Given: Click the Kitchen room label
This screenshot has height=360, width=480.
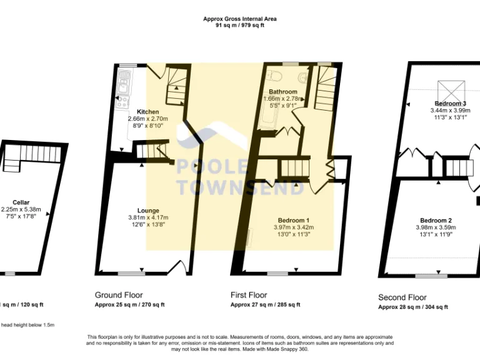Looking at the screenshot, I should [x=148, y=112].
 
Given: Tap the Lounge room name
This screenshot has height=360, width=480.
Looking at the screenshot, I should [x=148, y=211].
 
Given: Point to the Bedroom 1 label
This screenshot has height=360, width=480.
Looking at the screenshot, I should [x=293, y=221].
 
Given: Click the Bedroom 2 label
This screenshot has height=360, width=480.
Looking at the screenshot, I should [x=436, y=221].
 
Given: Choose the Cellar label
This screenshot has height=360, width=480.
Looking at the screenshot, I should [x=12, y=202].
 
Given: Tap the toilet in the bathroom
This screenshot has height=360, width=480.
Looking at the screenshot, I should [x=303, y=77].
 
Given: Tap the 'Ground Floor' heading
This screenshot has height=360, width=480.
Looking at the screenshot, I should [x=119, y=295].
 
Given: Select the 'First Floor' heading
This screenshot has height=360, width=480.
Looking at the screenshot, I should [x=249, y=295].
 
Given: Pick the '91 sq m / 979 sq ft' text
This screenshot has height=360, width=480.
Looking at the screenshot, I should [x=240, y=26].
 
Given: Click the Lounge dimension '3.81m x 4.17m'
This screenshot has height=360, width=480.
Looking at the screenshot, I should [x=148, y=217].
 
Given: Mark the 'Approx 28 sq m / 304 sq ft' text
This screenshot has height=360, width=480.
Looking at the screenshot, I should [x=412, y=307].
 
